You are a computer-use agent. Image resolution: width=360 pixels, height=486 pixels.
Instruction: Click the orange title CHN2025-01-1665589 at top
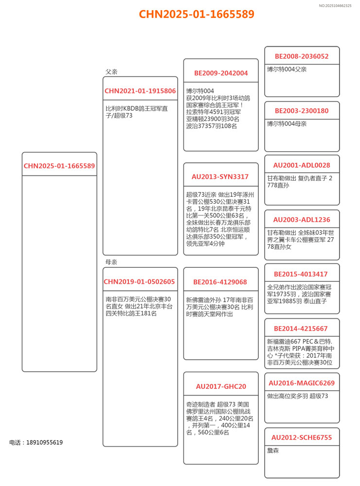click(197, 14)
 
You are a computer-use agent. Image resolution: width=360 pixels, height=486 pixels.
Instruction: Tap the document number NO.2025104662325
click(335, 5)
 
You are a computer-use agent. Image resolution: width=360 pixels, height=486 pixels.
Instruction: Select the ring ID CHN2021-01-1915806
click(140, 91)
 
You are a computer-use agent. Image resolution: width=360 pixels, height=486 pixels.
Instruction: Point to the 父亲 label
click(111, 72)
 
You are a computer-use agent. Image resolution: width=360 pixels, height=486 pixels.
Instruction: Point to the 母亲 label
click(111, 262)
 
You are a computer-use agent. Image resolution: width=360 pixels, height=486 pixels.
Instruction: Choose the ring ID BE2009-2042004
click(221, 73)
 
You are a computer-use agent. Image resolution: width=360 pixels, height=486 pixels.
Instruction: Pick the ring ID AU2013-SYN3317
click(221, 177)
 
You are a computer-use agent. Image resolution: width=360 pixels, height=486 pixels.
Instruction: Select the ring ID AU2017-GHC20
click(221, 387)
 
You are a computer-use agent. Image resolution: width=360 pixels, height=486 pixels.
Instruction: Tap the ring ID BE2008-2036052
click(302, 56)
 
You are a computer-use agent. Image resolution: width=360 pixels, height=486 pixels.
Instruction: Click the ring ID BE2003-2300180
click(302, 111)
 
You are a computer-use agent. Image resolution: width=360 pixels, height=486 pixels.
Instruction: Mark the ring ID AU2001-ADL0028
click(302, 165)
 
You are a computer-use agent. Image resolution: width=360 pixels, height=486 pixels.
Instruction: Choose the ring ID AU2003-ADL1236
click(302, 220)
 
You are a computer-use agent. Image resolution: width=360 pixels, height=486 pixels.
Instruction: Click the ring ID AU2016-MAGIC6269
click(302, 383)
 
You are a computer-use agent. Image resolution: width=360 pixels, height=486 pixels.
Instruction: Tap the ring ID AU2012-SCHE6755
click(302, 437)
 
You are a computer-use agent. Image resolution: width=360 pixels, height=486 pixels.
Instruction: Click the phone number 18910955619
click(44, 442)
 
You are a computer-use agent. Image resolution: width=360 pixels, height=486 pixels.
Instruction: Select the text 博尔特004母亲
click(287, 124)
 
